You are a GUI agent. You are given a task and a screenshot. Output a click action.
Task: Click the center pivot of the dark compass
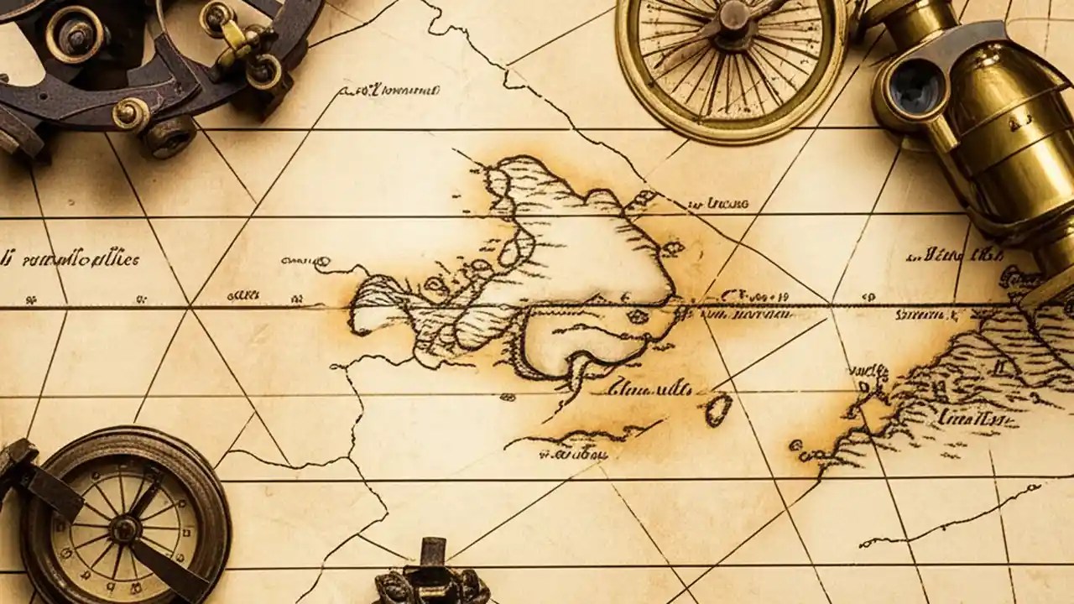[125, 528]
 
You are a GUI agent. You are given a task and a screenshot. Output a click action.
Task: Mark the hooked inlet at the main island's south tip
[579, 369]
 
